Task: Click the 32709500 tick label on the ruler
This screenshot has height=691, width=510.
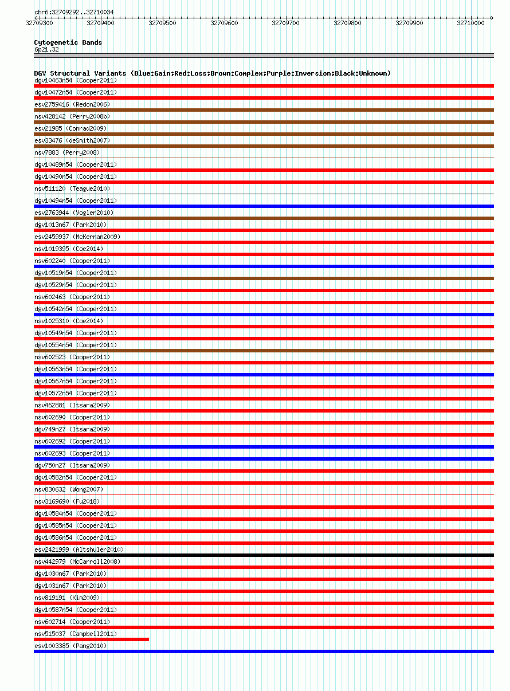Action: click(x=162, y=23)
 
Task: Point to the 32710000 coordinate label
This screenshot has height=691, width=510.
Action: click(x=470, y=23)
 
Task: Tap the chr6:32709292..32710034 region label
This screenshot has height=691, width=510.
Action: click(x=74, y=12)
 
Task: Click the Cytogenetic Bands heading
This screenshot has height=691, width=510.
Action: click(x=68, y=42)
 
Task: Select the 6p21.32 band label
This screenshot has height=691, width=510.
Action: click(x=46, y=50)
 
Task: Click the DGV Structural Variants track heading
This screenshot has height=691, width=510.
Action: click(x=212, y=73)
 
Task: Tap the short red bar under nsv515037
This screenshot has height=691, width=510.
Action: click(x=91, y=639)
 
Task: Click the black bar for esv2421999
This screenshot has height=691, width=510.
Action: click(x=264, y=555)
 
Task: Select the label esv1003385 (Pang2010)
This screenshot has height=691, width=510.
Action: click(x=70, y=646)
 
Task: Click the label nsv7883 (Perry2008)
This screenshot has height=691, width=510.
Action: click(x=67, y=152)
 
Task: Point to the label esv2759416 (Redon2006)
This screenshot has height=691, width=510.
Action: click(x=72, y=104)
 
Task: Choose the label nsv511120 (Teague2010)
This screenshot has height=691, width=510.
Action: click(x=72, y=189)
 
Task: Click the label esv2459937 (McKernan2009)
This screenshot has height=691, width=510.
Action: click(x=77, y=237)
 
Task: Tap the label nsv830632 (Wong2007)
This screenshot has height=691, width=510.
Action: click(x=69, y=489)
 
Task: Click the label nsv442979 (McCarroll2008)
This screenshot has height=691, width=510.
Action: click(x=77, y=562)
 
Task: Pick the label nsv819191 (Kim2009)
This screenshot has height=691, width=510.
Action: click(x=67, y=598)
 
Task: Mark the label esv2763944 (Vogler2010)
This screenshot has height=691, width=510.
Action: click(x=74, y=213)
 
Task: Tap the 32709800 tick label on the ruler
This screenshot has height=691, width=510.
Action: click(x=347, y=23)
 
